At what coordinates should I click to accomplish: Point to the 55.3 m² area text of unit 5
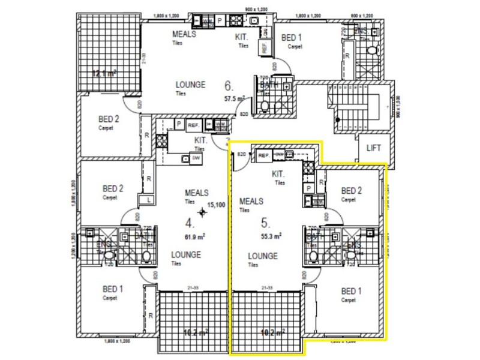click(271, 236)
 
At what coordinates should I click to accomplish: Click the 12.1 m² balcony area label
click(103, 74)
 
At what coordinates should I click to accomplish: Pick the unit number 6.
click(228, 85)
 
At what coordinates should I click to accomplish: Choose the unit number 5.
click(264, 223)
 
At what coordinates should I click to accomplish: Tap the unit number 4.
click(189, 223)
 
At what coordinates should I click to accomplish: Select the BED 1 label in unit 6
click(293, 37)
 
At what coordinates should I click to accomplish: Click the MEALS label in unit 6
click(184, 34)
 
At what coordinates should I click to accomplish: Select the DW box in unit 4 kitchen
click(196, 158)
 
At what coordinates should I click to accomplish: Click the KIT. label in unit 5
click(278, 174)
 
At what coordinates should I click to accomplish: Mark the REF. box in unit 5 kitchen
click(263, 155)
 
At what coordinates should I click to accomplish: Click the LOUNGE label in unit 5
click(263, 256)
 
